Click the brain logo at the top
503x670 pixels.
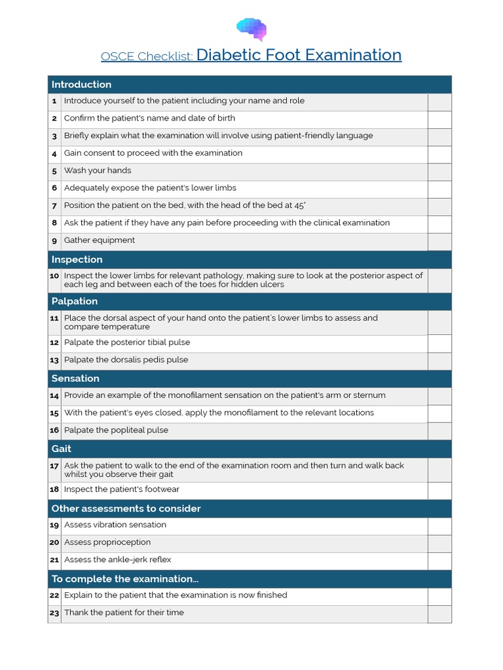(251, 29)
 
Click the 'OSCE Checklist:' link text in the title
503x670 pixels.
(147, 57)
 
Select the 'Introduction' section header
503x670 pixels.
(81, 84)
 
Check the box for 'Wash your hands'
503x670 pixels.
(439, 171)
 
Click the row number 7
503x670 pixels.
(54, 205)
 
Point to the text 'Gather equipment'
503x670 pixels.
(99, 240)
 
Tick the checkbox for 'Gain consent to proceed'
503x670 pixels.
(439, 154)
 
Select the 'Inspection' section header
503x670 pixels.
(77, 260)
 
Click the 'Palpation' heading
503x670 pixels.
(74, 302)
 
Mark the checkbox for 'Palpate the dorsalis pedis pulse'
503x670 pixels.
(439, 361)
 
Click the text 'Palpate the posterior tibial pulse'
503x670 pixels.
(126, 342)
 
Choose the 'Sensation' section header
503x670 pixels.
(75, 379)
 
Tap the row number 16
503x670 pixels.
(54, 431)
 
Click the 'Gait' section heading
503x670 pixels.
(61, 449)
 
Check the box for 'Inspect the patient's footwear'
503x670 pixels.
(439, 490)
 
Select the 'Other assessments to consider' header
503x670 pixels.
(126, 509)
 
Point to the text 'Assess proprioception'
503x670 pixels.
(107, 542)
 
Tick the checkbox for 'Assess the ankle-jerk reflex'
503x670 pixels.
(439, 561)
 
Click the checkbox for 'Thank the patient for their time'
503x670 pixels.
(439, 614)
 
